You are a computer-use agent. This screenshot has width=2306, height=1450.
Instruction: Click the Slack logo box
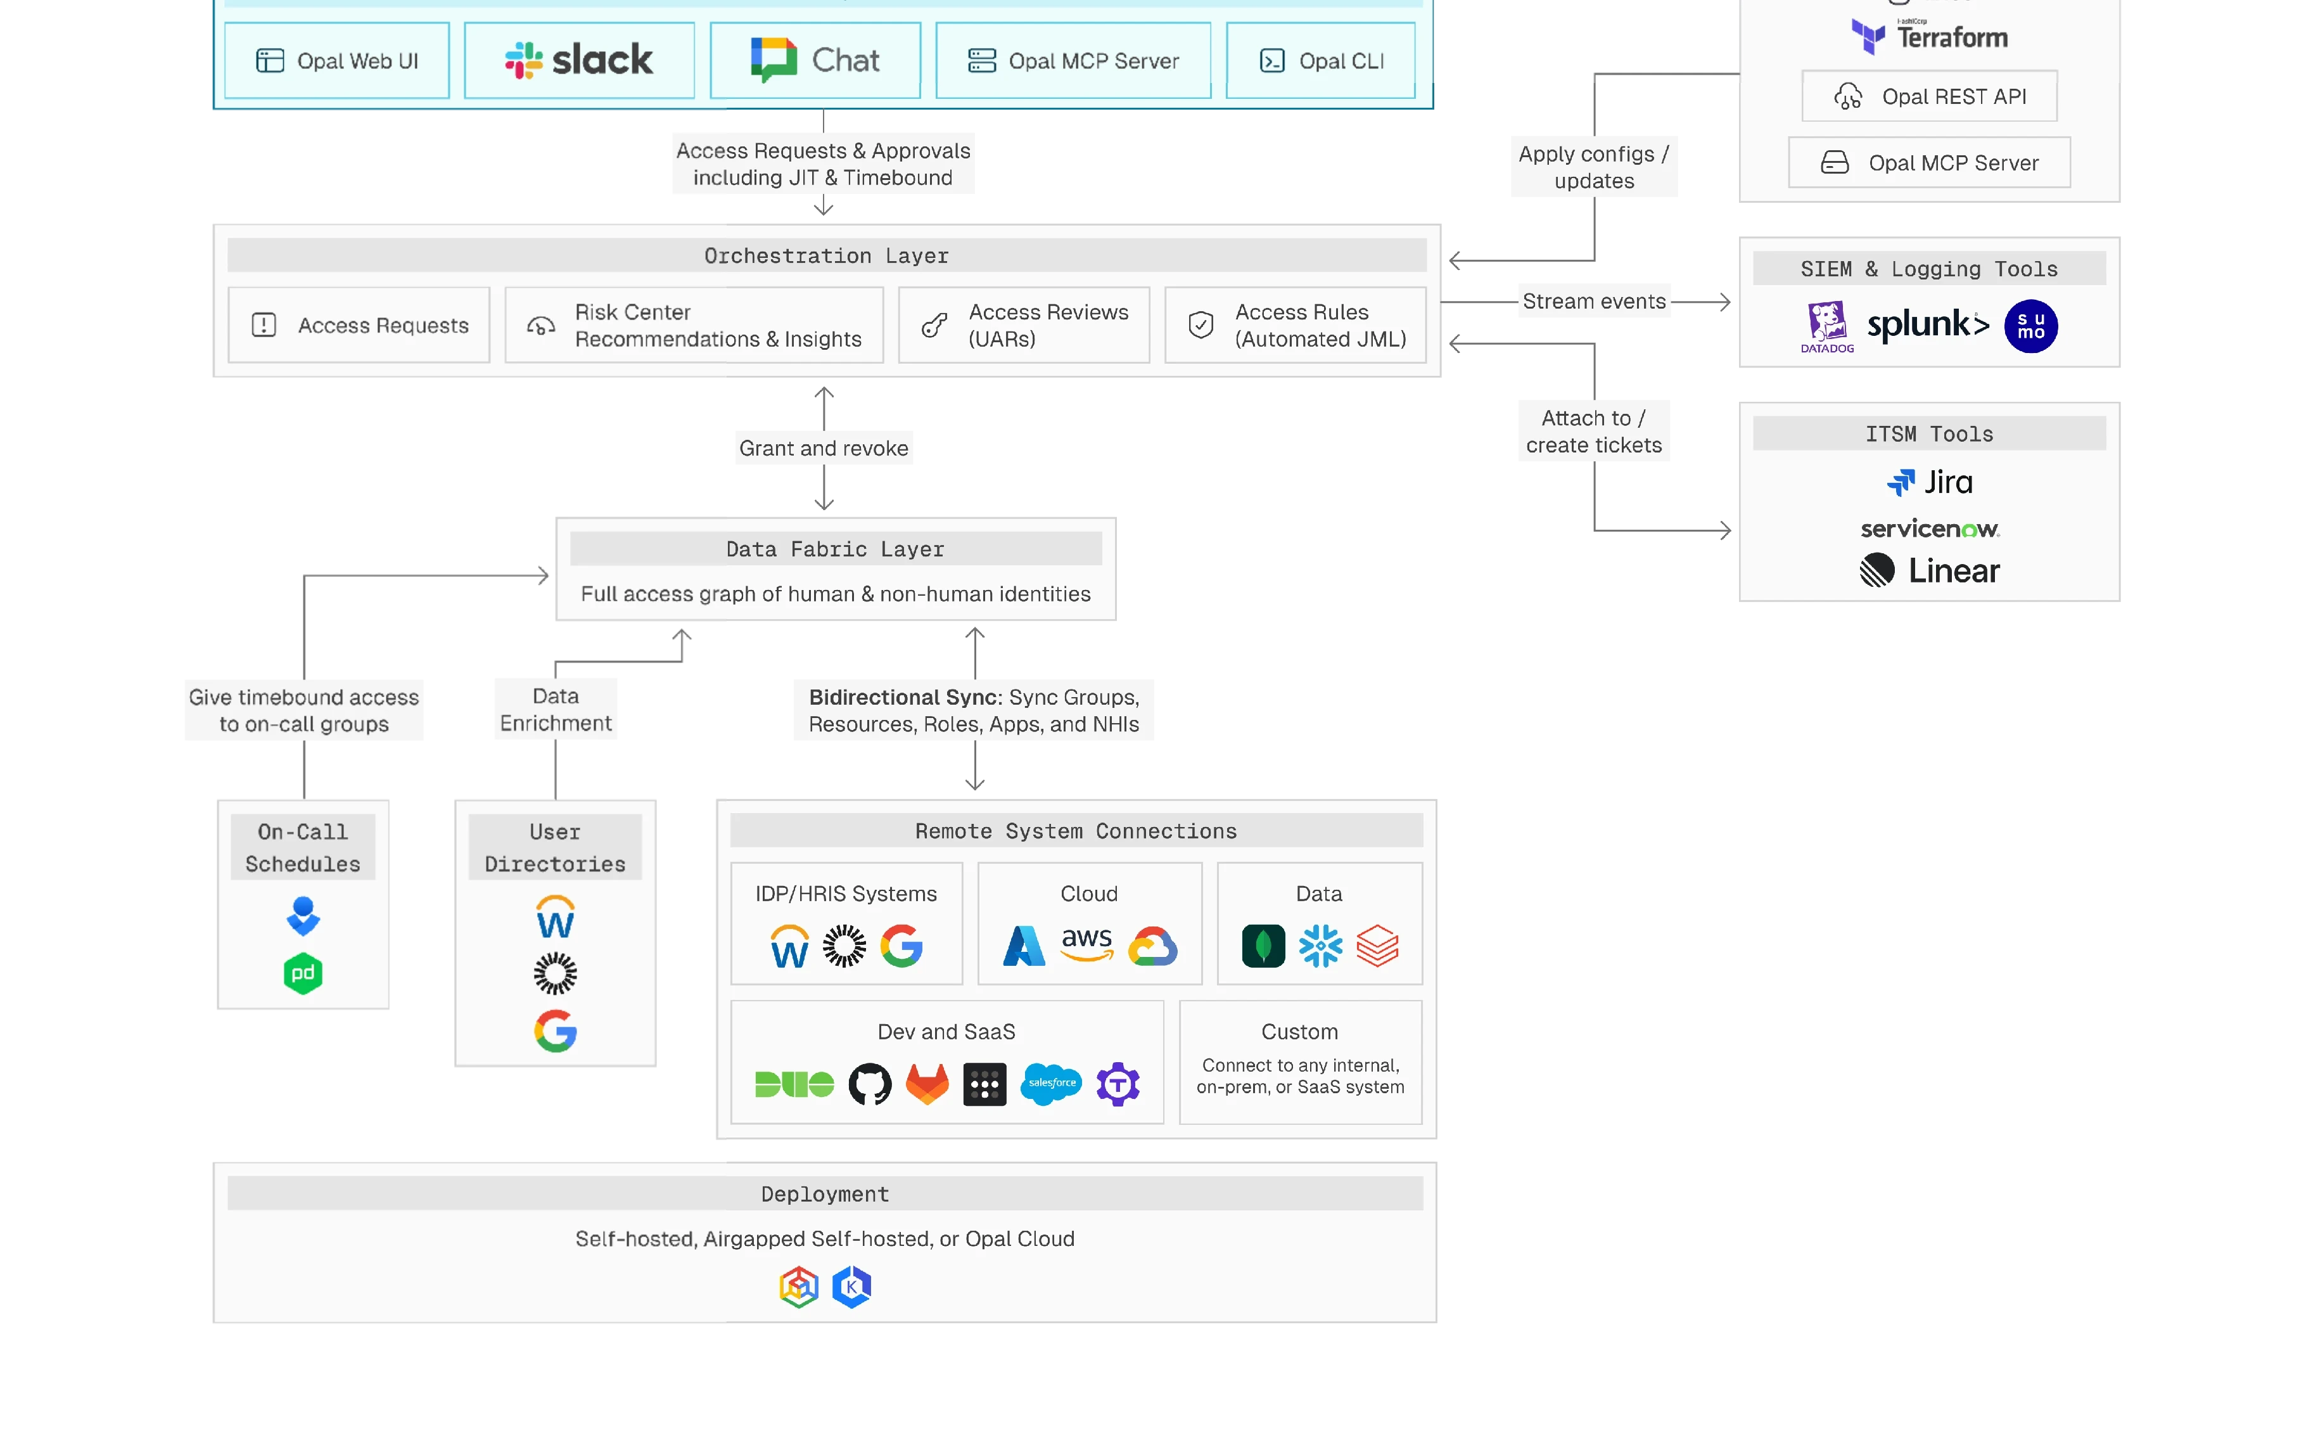580,60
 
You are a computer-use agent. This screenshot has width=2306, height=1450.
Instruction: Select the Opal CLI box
1321,60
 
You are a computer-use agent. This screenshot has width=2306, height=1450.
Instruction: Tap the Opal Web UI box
337,60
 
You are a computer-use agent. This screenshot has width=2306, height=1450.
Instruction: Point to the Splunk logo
1927,324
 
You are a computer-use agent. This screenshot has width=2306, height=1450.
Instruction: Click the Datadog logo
1826,326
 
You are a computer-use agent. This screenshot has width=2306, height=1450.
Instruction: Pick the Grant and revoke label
824,447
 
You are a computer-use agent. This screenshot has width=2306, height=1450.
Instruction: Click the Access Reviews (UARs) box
1024,326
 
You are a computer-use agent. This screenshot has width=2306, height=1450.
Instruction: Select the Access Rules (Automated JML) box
1296,326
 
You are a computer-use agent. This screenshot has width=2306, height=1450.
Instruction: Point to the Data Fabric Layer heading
835,549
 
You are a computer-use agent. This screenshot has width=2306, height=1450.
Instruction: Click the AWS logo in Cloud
1087,944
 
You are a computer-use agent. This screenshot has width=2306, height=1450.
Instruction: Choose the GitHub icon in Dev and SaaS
870,1084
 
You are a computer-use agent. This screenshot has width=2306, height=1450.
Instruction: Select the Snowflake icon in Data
1321,946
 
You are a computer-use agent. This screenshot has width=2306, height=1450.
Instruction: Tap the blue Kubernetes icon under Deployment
851,1287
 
